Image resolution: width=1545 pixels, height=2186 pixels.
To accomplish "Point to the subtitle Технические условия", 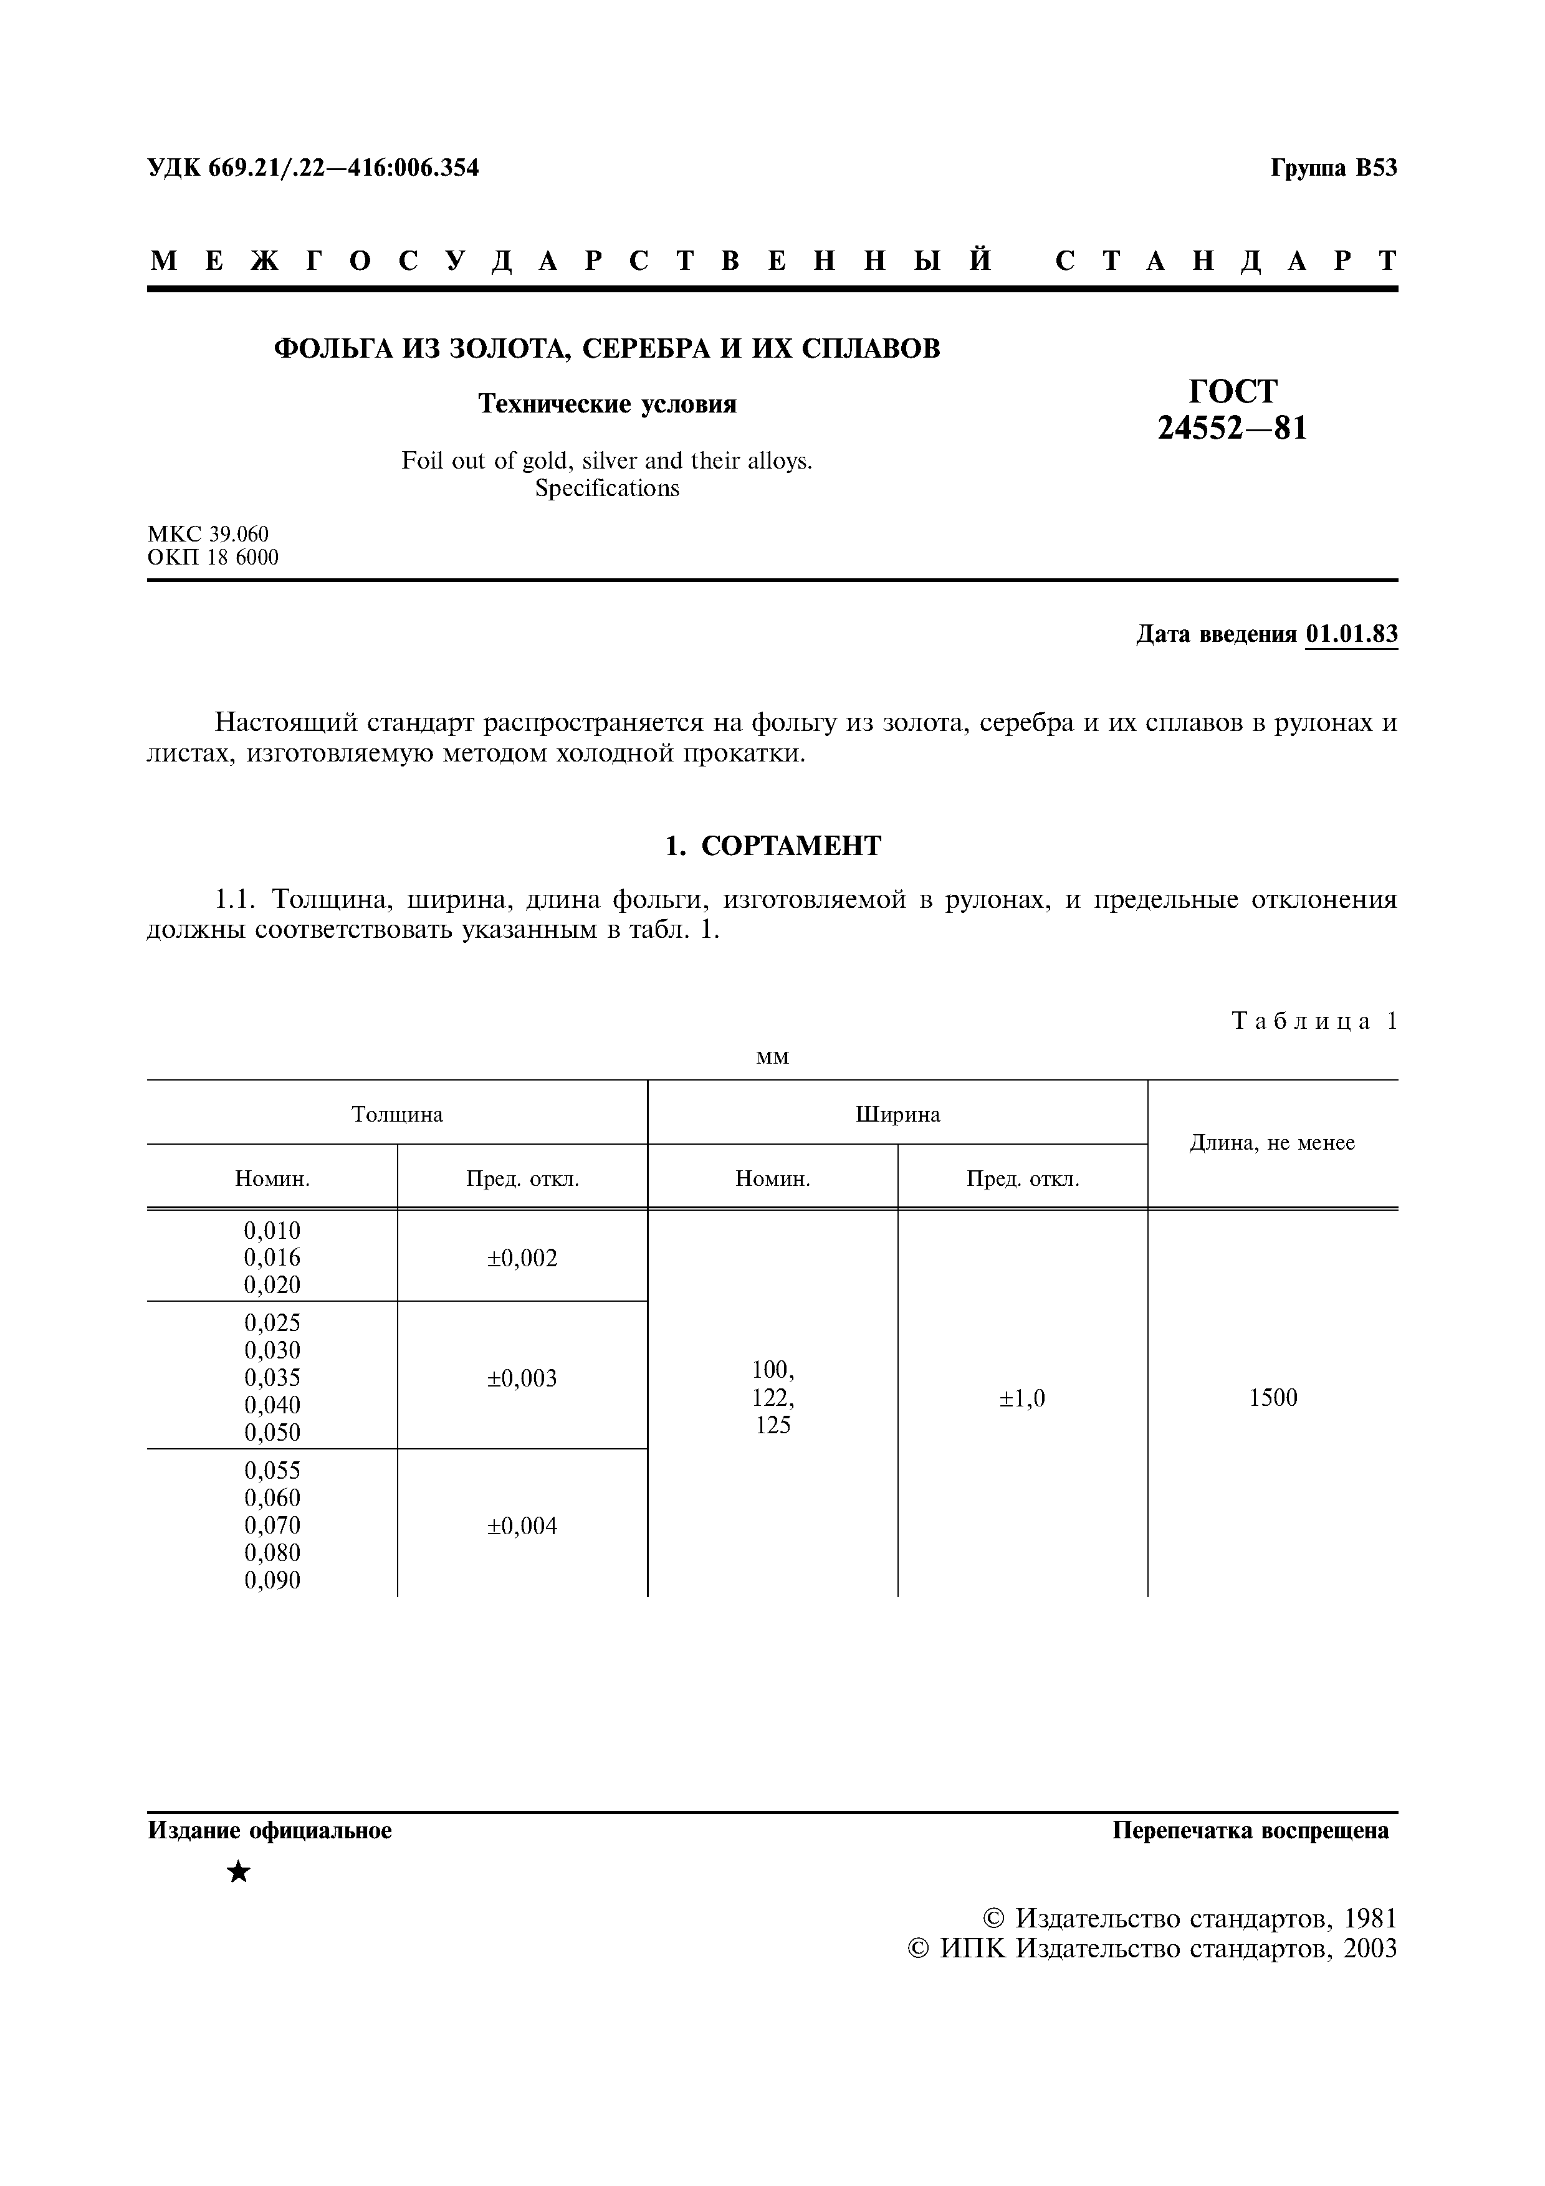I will pos(606,404).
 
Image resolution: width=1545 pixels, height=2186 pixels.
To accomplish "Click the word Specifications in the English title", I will pos(606,489).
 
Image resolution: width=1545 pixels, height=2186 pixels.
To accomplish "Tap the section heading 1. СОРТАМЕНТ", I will pos(772,846).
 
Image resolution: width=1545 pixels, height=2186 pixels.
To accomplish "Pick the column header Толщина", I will pos(397,1114).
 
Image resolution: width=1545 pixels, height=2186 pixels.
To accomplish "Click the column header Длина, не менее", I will pos(1272,1142).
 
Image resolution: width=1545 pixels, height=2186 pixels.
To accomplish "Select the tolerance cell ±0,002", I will pos(522,1258).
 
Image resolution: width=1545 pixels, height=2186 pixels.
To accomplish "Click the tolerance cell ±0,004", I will pos(522,1526).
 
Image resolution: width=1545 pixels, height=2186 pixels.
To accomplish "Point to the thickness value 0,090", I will pos(272,1580).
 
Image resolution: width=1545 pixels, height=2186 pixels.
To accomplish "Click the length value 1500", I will pos(1273,1398).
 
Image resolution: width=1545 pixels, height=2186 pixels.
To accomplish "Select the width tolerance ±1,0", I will pos(1022,1398).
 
